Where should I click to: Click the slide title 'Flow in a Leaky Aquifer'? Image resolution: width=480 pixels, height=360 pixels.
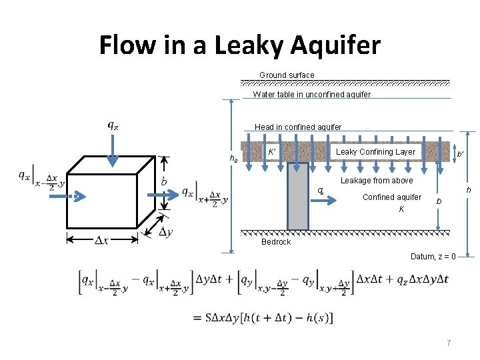click(x=239, y=45)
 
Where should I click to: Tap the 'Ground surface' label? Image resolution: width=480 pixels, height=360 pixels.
click(x=287, y=75)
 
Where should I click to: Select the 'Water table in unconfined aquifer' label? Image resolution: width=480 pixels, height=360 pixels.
click(x=311, y=95)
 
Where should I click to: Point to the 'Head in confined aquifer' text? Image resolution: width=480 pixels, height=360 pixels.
click(x=298, y=127)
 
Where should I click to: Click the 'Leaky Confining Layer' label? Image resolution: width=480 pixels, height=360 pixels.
click(x=375, y=152)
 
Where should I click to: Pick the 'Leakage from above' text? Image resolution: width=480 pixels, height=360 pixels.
click(x=377, y=181)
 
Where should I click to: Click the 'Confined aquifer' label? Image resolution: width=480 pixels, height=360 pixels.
click(x=391, y=197)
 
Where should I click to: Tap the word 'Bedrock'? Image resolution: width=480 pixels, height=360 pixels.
click(x=276, y=242)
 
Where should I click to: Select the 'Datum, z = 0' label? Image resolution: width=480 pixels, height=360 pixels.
click(x=433, y=257)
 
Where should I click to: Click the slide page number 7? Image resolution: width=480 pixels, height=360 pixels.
click(x=449, y=343)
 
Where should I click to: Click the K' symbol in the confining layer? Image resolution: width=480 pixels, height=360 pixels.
click(x=272, y=152)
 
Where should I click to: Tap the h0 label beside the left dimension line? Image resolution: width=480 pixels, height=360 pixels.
click(x=233, y=159)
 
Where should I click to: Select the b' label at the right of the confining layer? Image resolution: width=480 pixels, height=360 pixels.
click(x=460, y=155)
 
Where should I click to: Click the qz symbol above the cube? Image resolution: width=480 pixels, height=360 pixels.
click(x=113, y=124)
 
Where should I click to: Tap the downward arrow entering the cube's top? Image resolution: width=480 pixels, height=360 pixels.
click(x=113, y=150)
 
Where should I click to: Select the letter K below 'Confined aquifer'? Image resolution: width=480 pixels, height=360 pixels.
click(x=401, y=209)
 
